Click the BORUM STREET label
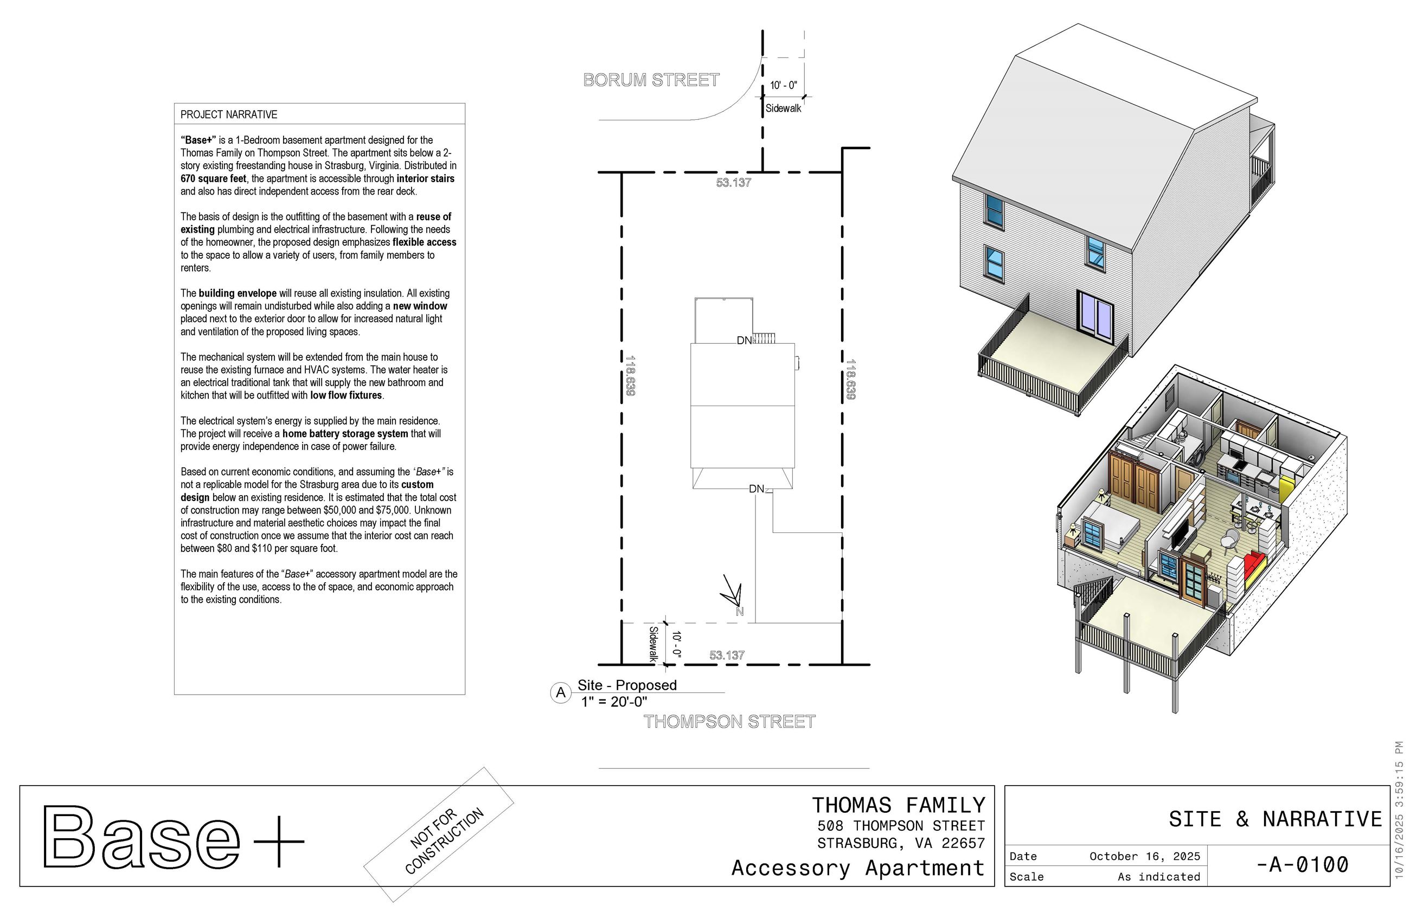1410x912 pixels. [651, 80]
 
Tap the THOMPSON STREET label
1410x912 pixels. [729, 721]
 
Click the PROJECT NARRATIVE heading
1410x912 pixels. [229, 114]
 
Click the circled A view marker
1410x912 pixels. [560, 692]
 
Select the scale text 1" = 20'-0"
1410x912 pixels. [613, 702]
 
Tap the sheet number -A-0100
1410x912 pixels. [1302, 864]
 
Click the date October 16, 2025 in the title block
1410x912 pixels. [1144, 856]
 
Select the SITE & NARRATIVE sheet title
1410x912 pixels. [1274, 819]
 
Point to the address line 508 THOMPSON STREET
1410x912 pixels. [900, 826]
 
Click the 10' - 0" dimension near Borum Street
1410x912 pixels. [783, 85]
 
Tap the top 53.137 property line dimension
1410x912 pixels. [733, 182]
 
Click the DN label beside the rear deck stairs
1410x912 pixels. [744, 341]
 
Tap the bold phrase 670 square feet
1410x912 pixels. [213, 178]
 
